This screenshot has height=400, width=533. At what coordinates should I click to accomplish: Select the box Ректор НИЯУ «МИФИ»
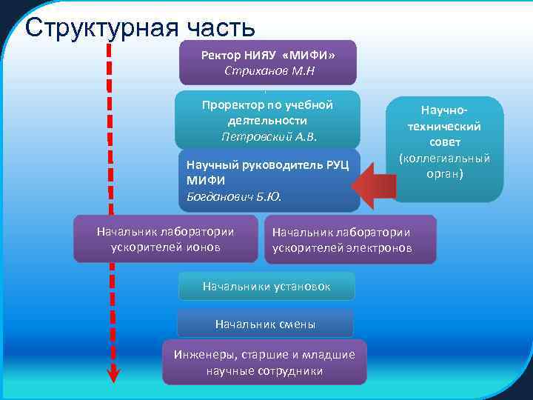(267, 62)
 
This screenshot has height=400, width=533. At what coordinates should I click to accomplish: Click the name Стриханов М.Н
(267, 71)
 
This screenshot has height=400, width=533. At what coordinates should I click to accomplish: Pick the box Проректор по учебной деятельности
(267, 119)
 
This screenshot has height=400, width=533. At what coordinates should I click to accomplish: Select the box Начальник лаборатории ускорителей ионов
(165, 239)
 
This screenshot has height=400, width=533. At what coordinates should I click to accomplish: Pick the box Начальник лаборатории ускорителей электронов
(350, 239)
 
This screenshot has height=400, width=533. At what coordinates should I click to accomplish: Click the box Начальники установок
(266, 286)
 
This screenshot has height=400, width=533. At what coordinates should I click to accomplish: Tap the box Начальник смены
(265, 324)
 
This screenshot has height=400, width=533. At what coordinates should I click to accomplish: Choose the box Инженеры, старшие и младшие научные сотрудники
(264, 362)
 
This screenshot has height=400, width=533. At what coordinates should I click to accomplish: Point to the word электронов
(379, 247)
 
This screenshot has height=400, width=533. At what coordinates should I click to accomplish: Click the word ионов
(202, 247)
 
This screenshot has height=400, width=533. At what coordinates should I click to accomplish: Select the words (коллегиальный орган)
(444, 166)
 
